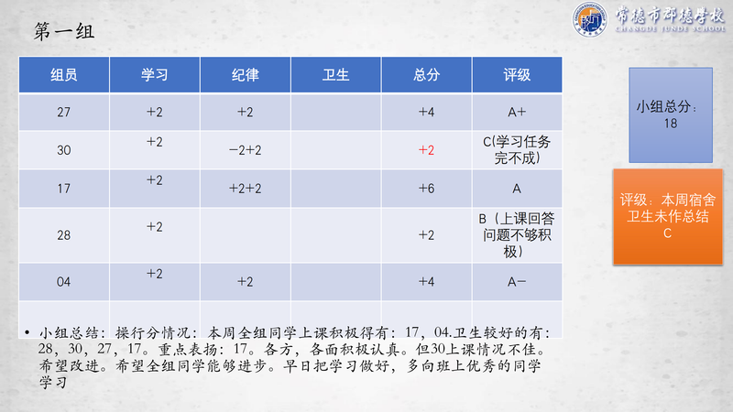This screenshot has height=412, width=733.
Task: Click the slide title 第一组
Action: click(x=64, y=32)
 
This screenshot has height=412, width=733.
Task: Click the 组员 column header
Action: click(x=64, y=75)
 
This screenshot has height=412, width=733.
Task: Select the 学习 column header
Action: click(x=154, y=75)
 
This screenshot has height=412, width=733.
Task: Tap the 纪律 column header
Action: click(x=246, y=75)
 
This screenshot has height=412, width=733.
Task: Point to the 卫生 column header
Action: click(x=335, y=75)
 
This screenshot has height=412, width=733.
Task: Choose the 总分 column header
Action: click(x=426, y=75)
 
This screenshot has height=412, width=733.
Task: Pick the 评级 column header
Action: click(x=517, y=75)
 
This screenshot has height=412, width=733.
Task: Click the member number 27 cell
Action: click(x=64, y=112)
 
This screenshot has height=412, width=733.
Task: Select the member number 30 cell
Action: click(x=64, y=150)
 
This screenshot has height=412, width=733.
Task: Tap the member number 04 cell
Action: click(x=64, y=282)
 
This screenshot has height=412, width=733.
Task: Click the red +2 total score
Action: click(x=426, y=150)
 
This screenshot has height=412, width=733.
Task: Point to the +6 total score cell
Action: click(x=426, y=189)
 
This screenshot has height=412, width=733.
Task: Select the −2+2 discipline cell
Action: click(x=246, y=150)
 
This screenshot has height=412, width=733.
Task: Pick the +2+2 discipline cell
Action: click(x=246, y=189)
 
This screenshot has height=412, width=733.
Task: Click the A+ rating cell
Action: click(x=517, y=112)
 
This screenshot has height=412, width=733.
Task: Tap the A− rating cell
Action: click(x=517, y=282)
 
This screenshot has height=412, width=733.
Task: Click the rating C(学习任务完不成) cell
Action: click(x=517, y=150)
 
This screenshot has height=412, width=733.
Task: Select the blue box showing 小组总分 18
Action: click(x=671, y=115)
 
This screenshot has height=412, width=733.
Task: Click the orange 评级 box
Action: click(x=668, y=217)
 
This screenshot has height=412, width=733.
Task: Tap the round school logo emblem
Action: click(x=590, y=19)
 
